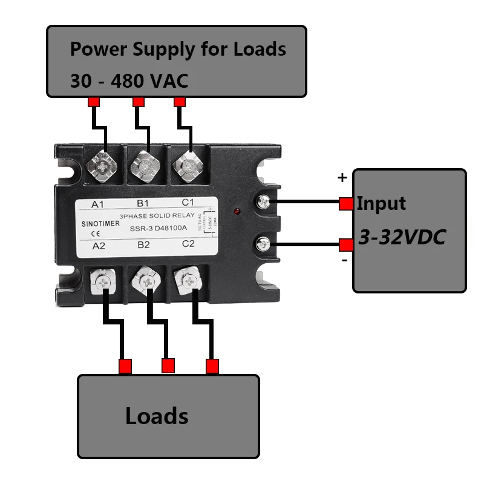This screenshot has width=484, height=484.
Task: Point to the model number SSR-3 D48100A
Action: [159, 228]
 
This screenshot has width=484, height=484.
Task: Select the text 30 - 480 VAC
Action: [129, 80]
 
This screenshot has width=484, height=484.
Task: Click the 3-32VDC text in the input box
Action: [402, 237]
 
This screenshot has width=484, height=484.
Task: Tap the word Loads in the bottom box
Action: [157, 416]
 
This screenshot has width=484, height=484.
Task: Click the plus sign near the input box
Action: [342, 178]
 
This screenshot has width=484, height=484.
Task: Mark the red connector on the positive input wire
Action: [345, 204]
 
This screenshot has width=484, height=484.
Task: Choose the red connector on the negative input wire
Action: [345, 245]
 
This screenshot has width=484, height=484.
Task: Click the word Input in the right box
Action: [381, 203]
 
